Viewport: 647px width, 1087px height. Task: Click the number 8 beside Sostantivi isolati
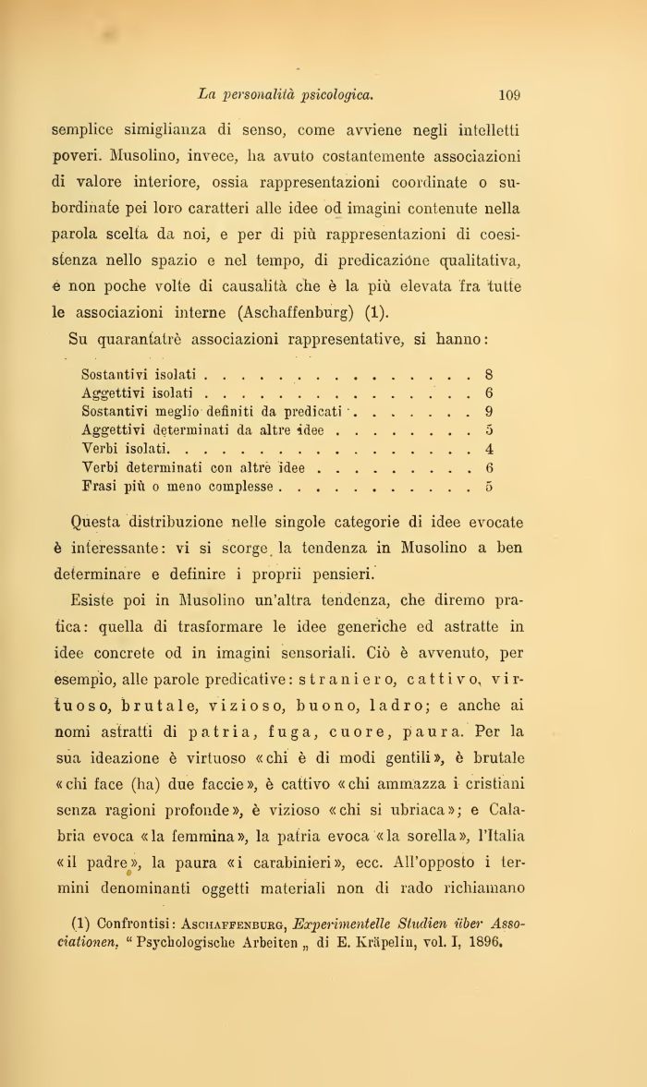488,375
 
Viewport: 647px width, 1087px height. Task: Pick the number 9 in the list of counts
488,411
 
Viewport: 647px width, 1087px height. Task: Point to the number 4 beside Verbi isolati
488,449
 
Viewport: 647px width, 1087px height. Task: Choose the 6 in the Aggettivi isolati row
488,393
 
